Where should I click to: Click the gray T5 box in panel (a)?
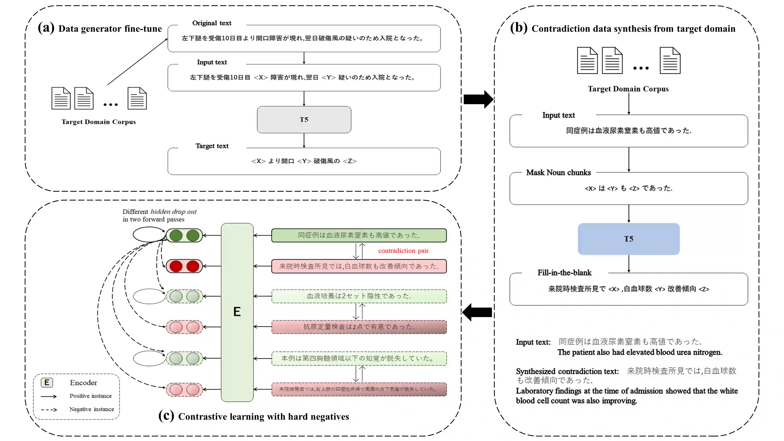click(x=304, y=120)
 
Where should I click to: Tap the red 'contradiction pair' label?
click(x=403, y=251)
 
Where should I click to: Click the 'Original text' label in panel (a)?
click(x=212, y=23)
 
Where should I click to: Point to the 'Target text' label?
click(x=212, y=146)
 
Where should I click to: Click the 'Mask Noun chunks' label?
click(x=558, y=172)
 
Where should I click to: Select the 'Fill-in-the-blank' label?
click(x=564, y=273)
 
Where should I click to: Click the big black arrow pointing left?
click(x=477, y=312)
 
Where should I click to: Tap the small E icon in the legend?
click(x=47, y=383)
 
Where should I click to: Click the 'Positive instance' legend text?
click(x=91, y=396)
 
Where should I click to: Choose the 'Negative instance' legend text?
click(x=92, y=409)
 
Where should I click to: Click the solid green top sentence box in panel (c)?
click(x=359, y=235)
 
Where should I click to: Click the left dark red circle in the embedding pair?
click(x=176, y=266)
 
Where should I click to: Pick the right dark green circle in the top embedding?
click(x=193, y=235)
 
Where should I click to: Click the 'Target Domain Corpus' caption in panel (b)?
click(x=628, y=89)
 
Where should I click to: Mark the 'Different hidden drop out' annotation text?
click(x=160, y=212)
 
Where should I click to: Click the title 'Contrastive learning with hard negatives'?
click(x=264, y=417)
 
